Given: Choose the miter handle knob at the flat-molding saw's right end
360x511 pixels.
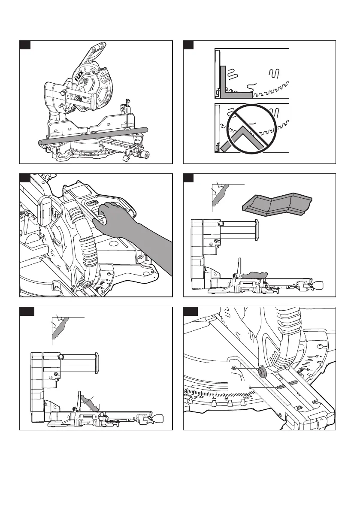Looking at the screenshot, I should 319,284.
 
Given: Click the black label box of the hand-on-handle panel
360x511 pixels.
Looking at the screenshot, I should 25,178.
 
